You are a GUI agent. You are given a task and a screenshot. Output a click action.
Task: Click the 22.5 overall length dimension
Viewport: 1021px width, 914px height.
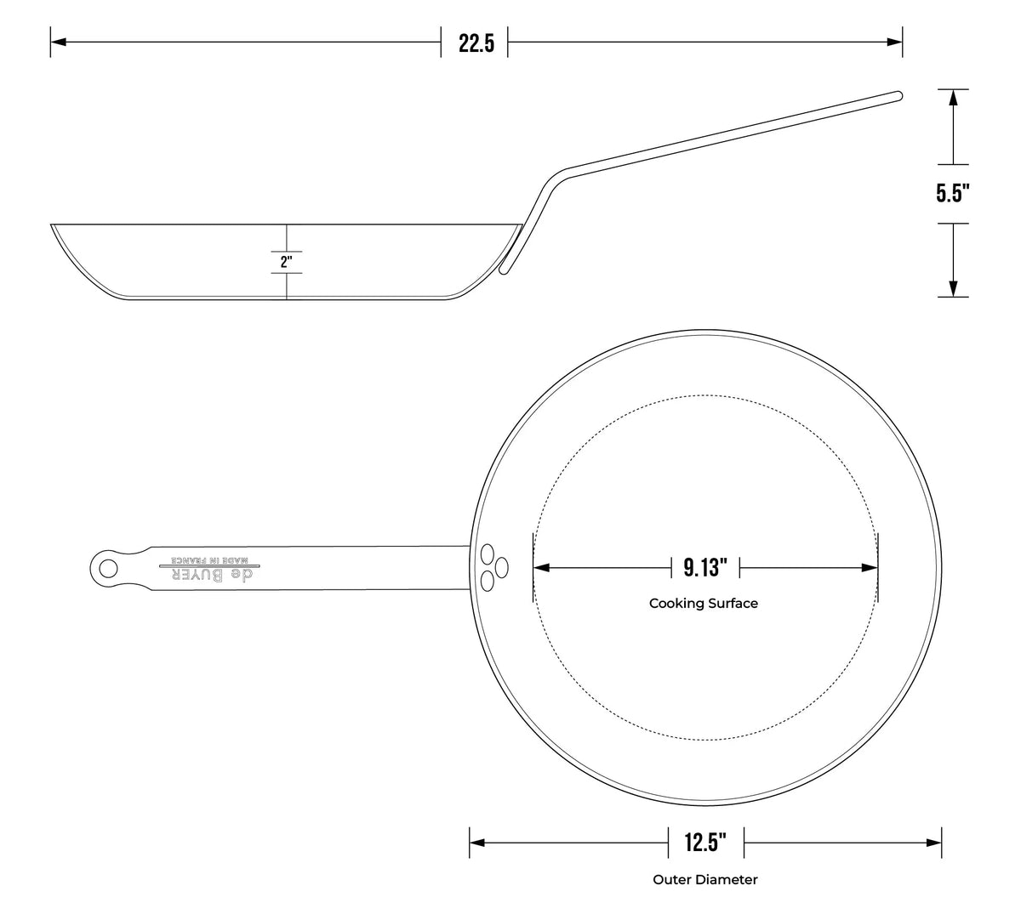(476, 43)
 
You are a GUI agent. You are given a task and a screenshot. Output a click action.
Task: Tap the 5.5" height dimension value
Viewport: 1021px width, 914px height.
(953, 193)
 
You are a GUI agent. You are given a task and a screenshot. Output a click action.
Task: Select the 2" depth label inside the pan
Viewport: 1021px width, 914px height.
(286, 262)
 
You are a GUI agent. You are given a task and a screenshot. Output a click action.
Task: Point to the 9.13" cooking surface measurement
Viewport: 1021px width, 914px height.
(705, 568)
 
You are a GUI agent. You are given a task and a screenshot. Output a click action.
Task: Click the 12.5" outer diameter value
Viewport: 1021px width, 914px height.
(705, 842)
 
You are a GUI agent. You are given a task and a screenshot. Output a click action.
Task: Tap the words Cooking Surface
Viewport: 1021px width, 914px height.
(704, 604)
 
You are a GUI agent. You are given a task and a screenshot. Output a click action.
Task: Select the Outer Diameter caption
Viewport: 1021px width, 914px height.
(705, 879)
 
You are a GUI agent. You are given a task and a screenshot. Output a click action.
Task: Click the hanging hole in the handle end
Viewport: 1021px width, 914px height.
(107, 569)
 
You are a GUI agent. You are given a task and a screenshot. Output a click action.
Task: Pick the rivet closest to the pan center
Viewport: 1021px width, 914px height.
(502, 568)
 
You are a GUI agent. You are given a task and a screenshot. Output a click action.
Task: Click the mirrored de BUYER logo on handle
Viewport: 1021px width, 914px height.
(212, 575)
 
